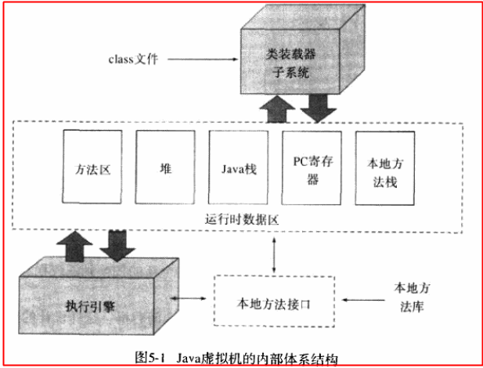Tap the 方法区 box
(90, 169)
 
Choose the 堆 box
(164, 169)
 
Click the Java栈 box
(236, 169)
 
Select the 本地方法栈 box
(384, 169)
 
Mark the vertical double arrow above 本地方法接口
(273, 254)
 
